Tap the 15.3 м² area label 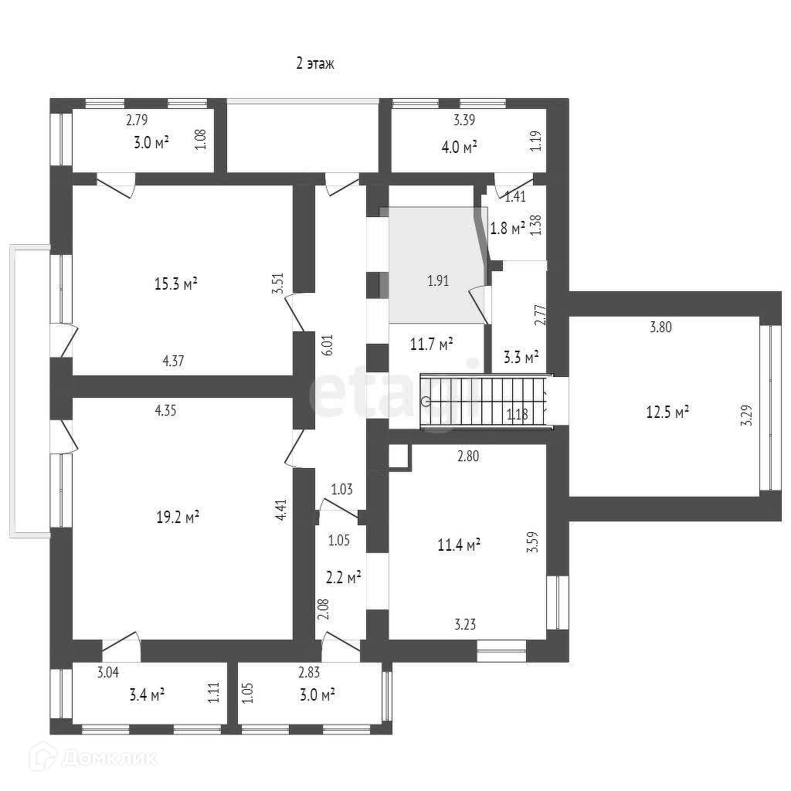177,284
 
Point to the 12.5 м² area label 667,412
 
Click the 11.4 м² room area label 460,545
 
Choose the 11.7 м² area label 431,345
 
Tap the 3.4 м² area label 146,695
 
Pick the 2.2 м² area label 342,576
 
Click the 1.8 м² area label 508,227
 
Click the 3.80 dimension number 660,327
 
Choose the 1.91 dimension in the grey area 438,281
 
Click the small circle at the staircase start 426,401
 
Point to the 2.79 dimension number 137,120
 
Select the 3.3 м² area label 521,357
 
